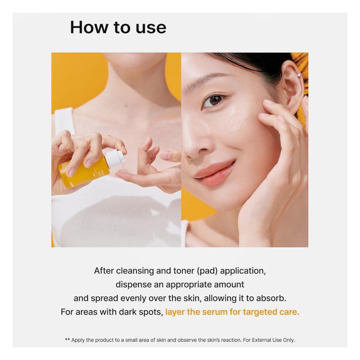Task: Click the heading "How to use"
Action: click(x=118, y=27)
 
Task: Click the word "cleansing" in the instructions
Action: click(x=135, y=271)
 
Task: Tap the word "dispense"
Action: click(x=134, y=285)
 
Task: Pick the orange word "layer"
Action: click(x=175, y=312)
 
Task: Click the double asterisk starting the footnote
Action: click(x=67, y=340)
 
